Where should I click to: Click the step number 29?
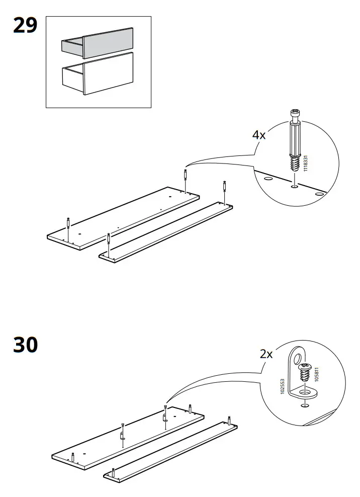pos(25,26)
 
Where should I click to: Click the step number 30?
pos(25,345)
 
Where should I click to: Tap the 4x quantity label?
pos(259,135)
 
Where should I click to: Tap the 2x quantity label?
pos(266,354)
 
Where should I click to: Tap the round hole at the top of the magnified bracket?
pos(298,359)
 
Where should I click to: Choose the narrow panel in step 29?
pos(166,231)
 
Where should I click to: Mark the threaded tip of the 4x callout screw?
pos(296,163)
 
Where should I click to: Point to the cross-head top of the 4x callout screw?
pos(295,113)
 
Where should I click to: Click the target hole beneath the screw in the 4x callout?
pos(294,187)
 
